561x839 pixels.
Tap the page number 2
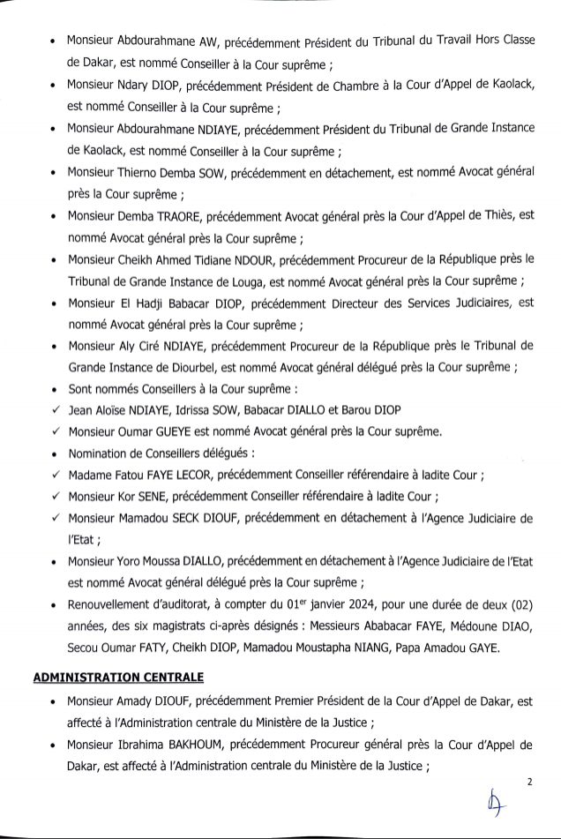(x=530, y=782)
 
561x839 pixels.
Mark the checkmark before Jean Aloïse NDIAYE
(x=56, y=410)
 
